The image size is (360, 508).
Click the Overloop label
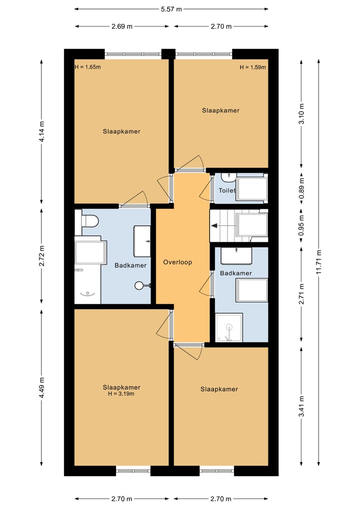pos(177,262)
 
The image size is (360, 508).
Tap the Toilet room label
pos(226,190)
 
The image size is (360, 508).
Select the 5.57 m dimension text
pos(171,9)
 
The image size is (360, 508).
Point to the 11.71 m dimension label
pos(319,262)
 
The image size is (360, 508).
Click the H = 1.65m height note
pos(87,67)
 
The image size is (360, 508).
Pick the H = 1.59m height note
pos(252,67)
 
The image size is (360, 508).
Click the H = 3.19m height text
pos(121,394)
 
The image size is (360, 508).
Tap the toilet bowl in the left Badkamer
pos(89,221)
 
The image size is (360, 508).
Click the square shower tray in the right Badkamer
pos(229,327)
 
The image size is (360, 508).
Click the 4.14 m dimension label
pos(42,131)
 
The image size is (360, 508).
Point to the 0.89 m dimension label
pos(301,188)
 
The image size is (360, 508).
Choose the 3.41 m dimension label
pos(301,406)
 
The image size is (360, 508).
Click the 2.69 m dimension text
pos(122,26)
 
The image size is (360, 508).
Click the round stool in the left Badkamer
pos(139,285)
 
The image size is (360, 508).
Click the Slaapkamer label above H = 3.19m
pos(121,387)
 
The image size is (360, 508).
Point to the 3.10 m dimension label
pos(301,113)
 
